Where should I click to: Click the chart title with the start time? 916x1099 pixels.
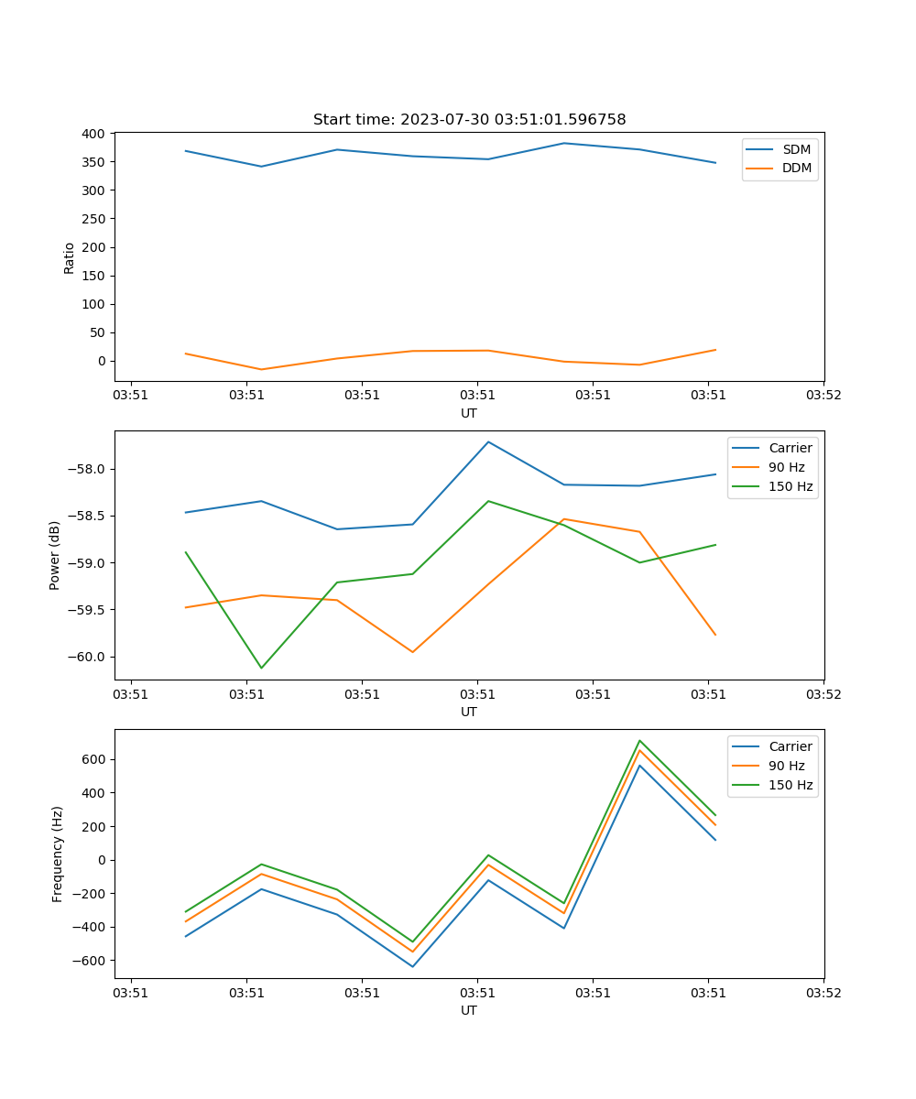(x=469, y=120)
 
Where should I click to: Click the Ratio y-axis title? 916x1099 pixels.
(x=70, y=257)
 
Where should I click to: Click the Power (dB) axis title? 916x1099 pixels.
(x=55, y=555)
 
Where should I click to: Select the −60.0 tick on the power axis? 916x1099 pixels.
(x=89, y=657)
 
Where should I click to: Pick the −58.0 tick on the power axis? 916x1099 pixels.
(x=89, y=470)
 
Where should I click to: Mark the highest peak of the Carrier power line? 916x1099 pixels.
(x=488, y=442)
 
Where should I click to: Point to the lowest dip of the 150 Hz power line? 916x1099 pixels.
(x=261, y=668)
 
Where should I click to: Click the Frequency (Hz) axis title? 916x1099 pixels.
(x=58, y=854)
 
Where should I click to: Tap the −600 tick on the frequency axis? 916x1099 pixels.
(x=93, y=961)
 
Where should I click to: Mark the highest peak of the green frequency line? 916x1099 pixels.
(x=639, y=741)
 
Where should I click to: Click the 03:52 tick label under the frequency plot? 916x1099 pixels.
(x=823, y=992)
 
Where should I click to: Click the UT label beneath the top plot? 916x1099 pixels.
(x=469, y=413)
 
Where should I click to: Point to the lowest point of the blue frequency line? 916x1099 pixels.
(x=412, y=966)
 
